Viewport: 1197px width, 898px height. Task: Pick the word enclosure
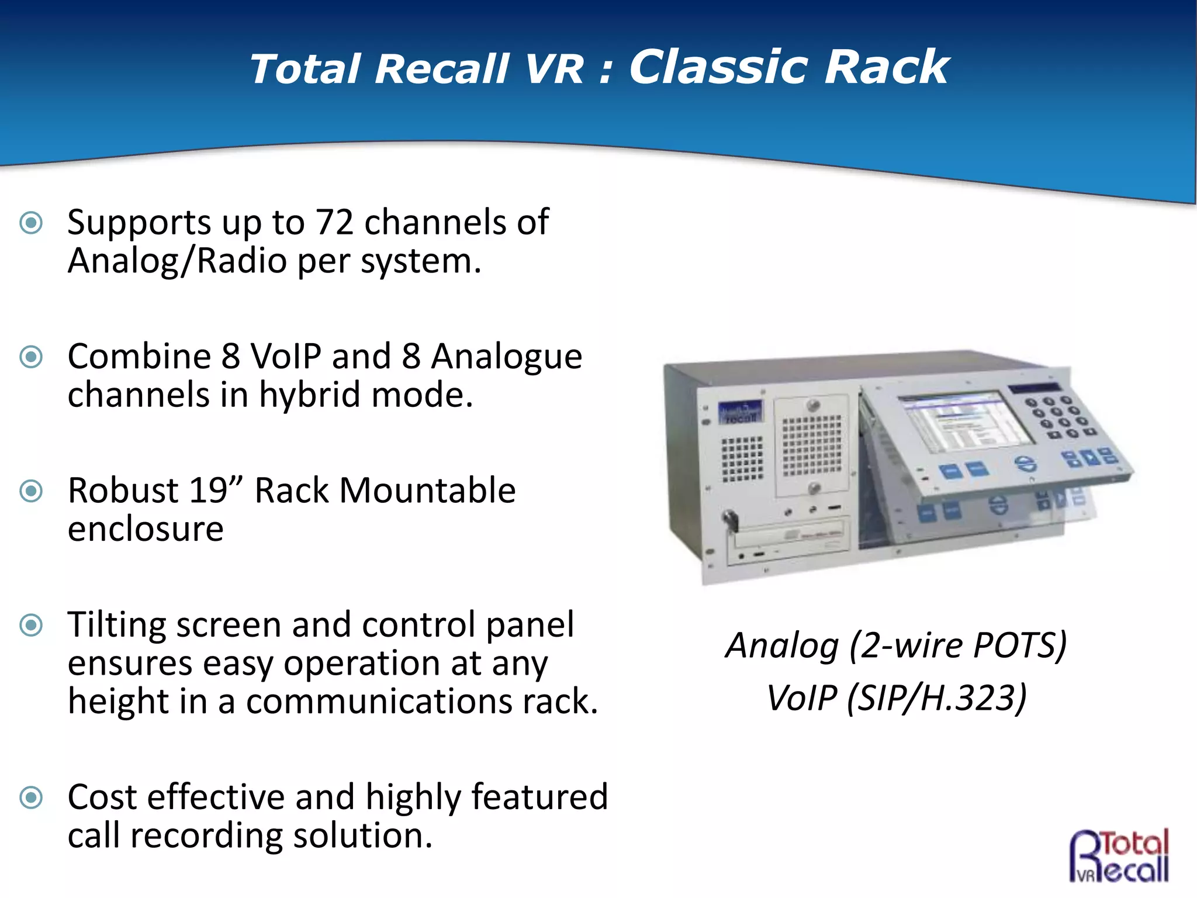tap(146, 529)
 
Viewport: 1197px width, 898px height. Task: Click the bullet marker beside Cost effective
tap(31, 797)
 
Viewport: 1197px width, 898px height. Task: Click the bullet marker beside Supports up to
tap(31, 223)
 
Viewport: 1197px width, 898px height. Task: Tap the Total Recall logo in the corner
tap(1119, 855)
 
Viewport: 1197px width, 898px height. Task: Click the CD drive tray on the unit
tap(789, 533)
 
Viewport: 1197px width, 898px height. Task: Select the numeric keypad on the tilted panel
tap(1058, 416)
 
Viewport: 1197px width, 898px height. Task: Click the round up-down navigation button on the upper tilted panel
tap(1025, 464)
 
